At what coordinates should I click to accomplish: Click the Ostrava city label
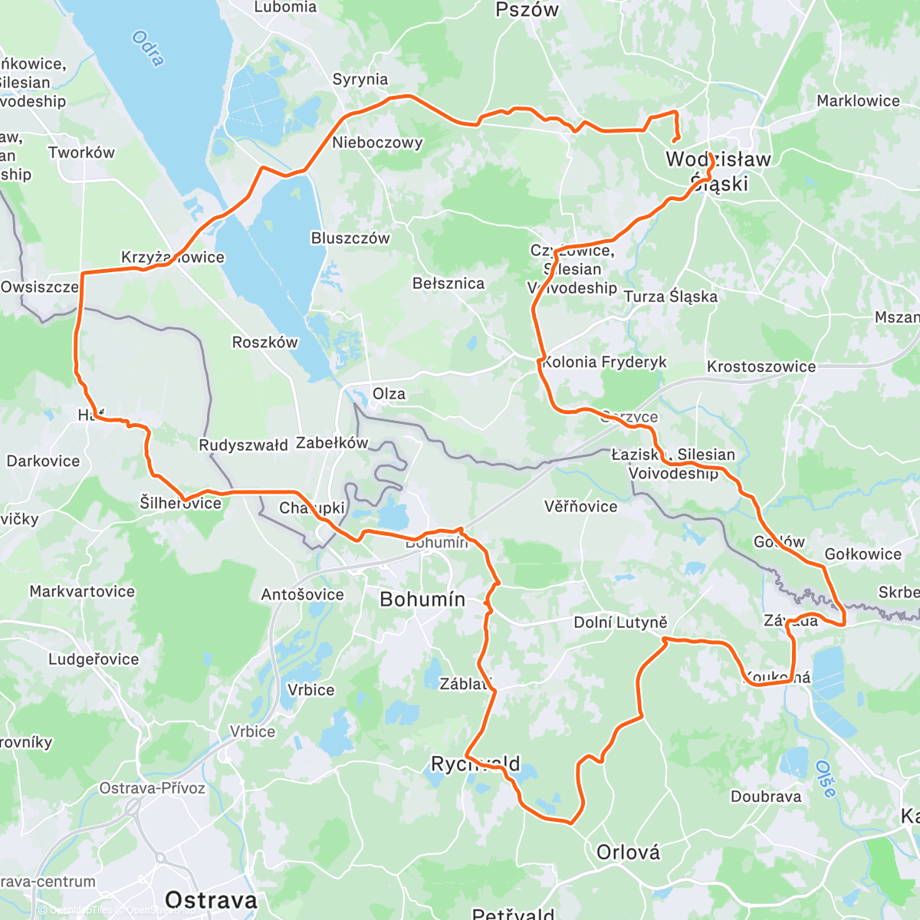211,899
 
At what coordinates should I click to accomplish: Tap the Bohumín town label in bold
422,599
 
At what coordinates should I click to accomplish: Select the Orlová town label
628,852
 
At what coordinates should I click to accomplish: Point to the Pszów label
527,10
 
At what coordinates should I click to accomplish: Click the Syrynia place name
360,79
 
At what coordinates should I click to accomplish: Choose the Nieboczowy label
377,143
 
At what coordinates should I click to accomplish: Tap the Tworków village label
81,153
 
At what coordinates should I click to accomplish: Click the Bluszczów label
350,238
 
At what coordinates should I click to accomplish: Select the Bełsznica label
449,284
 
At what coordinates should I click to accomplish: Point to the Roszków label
264,342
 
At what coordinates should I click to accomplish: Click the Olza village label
389,394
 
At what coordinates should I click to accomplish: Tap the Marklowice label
858,101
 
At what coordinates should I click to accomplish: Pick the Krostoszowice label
761,366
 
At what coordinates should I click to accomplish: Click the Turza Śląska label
671,297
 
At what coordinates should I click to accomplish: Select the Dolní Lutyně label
620,623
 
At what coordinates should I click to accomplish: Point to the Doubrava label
765,797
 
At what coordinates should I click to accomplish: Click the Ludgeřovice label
94,659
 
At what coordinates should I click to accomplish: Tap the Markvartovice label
82,591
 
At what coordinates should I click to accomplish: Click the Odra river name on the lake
148,48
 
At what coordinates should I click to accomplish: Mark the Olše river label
824,779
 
